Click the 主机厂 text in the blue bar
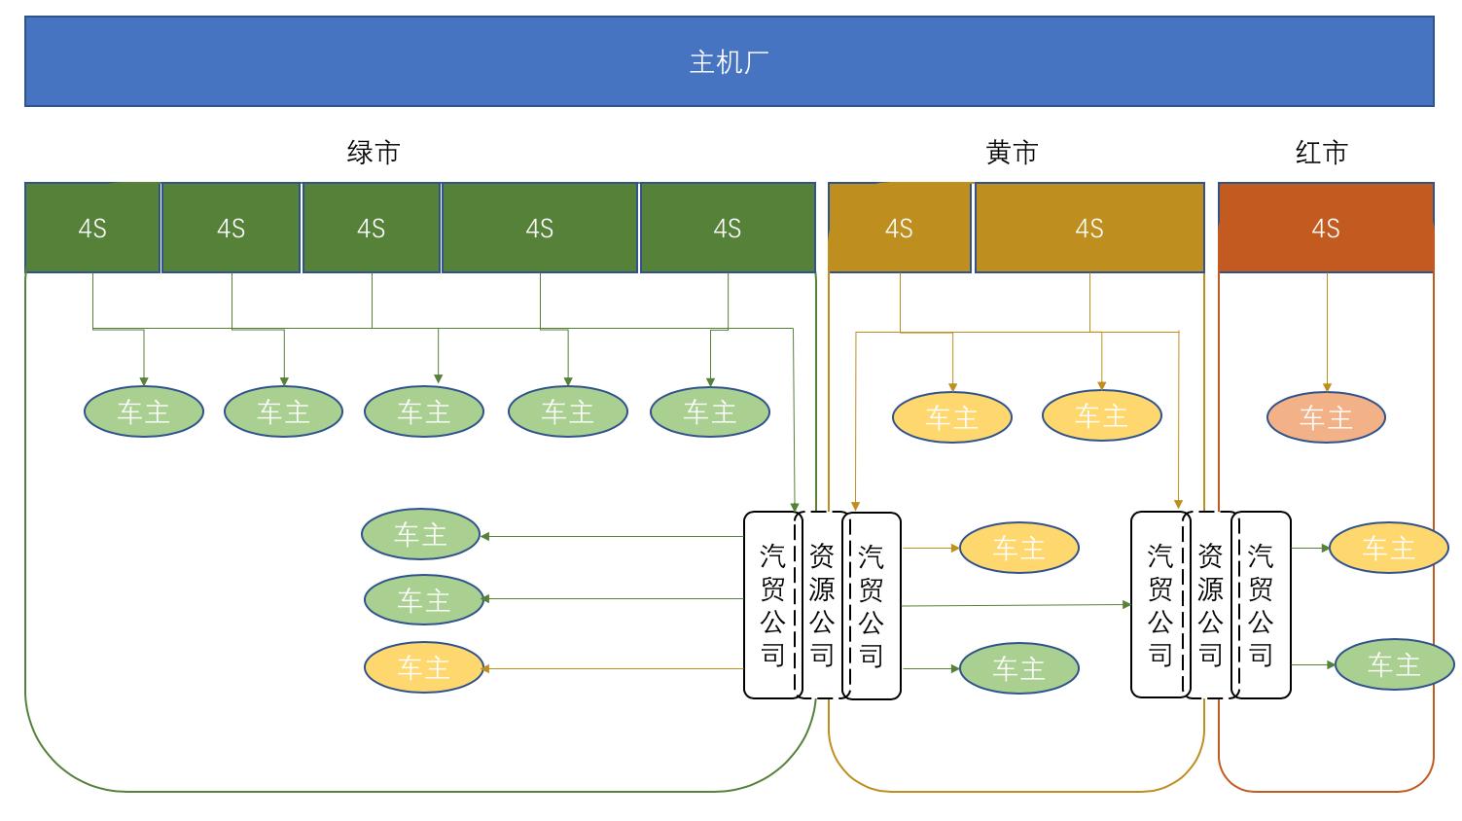tap(729, 62)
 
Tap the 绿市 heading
tap(374, 153)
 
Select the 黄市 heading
tap(1012, 153)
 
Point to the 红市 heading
tap(1321, 153)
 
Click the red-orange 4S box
tap(1326, 228)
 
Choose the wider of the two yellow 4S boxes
tap(1089, 228)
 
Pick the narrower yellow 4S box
tap(899, 228)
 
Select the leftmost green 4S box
tap(92, 228)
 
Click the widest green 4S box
tap(540, 228)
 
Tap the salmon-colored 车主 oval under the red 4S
tap(1326, 417)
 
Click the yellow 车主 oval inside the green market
tap(423, 668)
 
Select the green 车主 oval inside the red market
tap(1394, 664)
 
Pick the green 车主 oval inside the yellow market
tap(1018, 668)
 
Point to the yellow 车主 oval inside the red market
tap(1388, 548)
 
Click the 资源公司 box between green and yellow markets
tap(822, 605)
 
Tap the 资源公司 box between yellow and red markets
tap(1210, 605)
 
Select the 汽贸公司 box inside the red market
tap(1262, 605)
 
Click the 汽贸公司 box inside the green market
tap(771, 605)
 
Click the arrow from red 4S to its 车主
tap(1327, 331)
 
